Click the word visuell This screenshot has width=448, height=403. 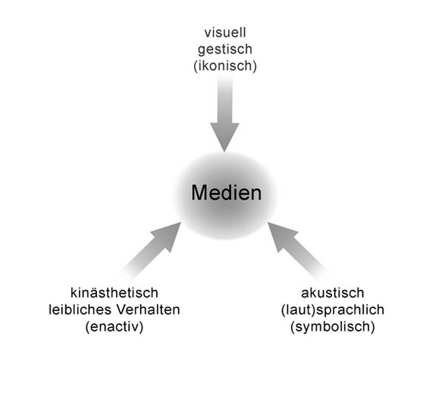(x=225, y=33)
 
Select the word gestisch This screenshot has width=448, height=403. (x=225, y=49)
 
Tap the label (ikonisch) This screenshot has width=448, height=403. (x=225, y=66)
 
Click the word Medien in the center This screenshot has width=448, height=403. (x=227, y=193)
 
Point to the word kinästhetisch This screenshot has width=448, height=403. (x=114, y=293)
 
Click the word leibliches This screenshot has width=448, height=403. (x=78, y=310)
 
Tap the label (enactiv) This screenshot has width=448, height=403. (x=114, y=326)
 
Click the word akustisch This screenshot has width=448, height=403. (x=333, y=293)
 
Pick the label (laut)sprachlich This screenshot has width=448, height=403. (x=333, y=310)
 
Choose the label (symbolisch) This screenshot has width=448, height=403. (x=333, y=326)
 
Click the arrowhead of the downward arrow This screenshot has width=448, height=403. (x=224, y=137)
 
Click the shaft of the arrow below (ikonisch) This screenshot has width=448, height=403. (x=224, y=99)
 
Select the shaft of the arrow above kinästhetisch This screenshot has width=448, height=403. (x=143, y=260)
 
